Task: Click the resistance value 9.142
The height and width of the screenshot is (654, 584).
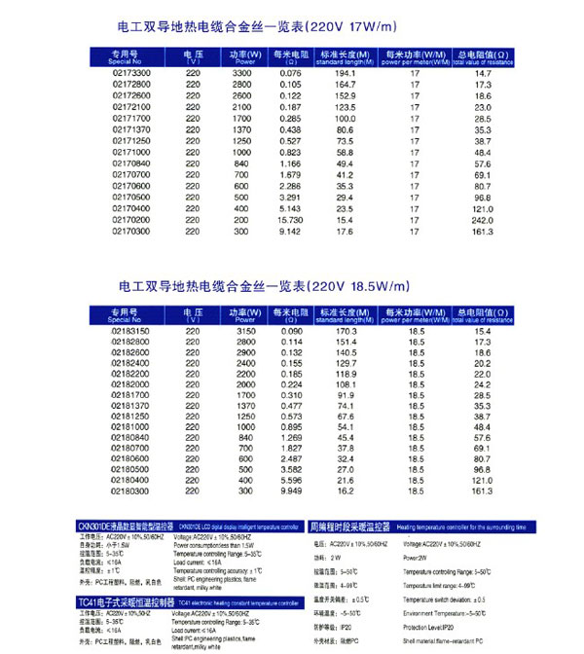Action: pyautogui.click(x=290, y=233)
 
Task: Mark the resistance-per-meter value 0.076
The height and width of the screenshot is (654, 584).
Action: pyautogui.click(x=290, y=74)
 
